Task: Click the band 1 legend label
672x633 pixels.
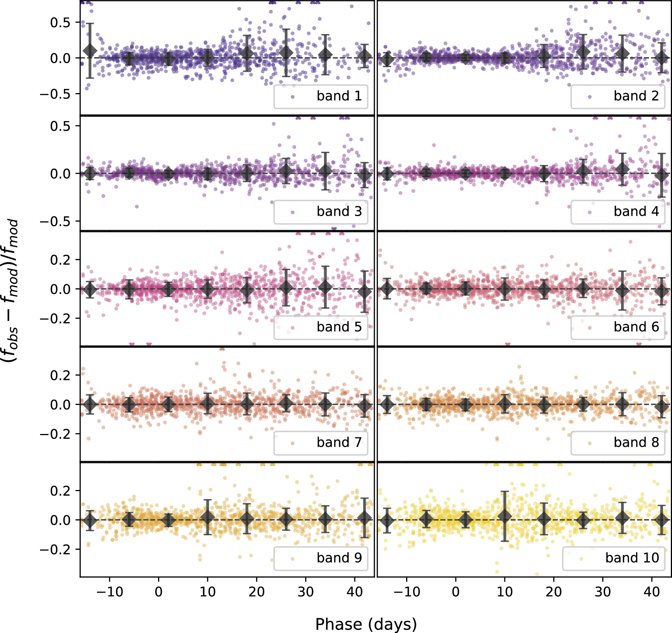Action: point(339,96)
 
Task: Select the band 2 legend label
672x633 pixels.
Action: point(636,96)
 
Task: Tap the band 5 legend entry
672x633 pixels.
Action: point(339,327)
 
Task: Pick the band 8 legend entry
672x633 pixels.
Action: point(636,442)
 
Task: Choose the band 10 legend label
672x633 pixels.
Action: point(632,558)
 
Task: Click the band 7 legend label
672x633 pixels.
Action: point(339,442)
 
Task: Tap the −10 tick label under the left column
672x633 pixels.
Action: point(110,591)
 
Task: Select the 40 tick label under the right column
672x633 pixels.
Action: point(652,591)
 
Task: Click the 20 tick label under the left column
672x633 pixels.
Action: point(256,591)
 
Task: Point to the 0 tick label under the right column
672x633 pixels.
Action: point(456,591)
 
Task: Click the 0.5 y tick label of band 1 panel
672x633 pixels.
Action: point(60,23)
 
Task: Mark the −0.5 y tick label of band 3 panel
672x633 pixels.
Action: point(55,221)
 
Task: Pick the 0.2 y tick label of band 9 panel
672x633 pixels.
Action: point(60,491)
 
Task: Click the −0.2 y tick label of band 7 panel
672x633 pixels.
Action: point(55,434)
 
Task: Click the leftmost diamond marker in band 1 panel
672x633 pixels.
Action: point(90,51)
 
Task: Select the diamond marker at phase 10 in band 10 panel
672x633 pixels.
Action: point(504,516)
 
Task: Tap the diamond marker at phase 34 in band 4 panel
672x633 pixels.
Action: point(622,169)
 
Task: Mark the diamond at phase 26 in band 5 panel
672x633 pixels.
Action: point(286,288)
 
